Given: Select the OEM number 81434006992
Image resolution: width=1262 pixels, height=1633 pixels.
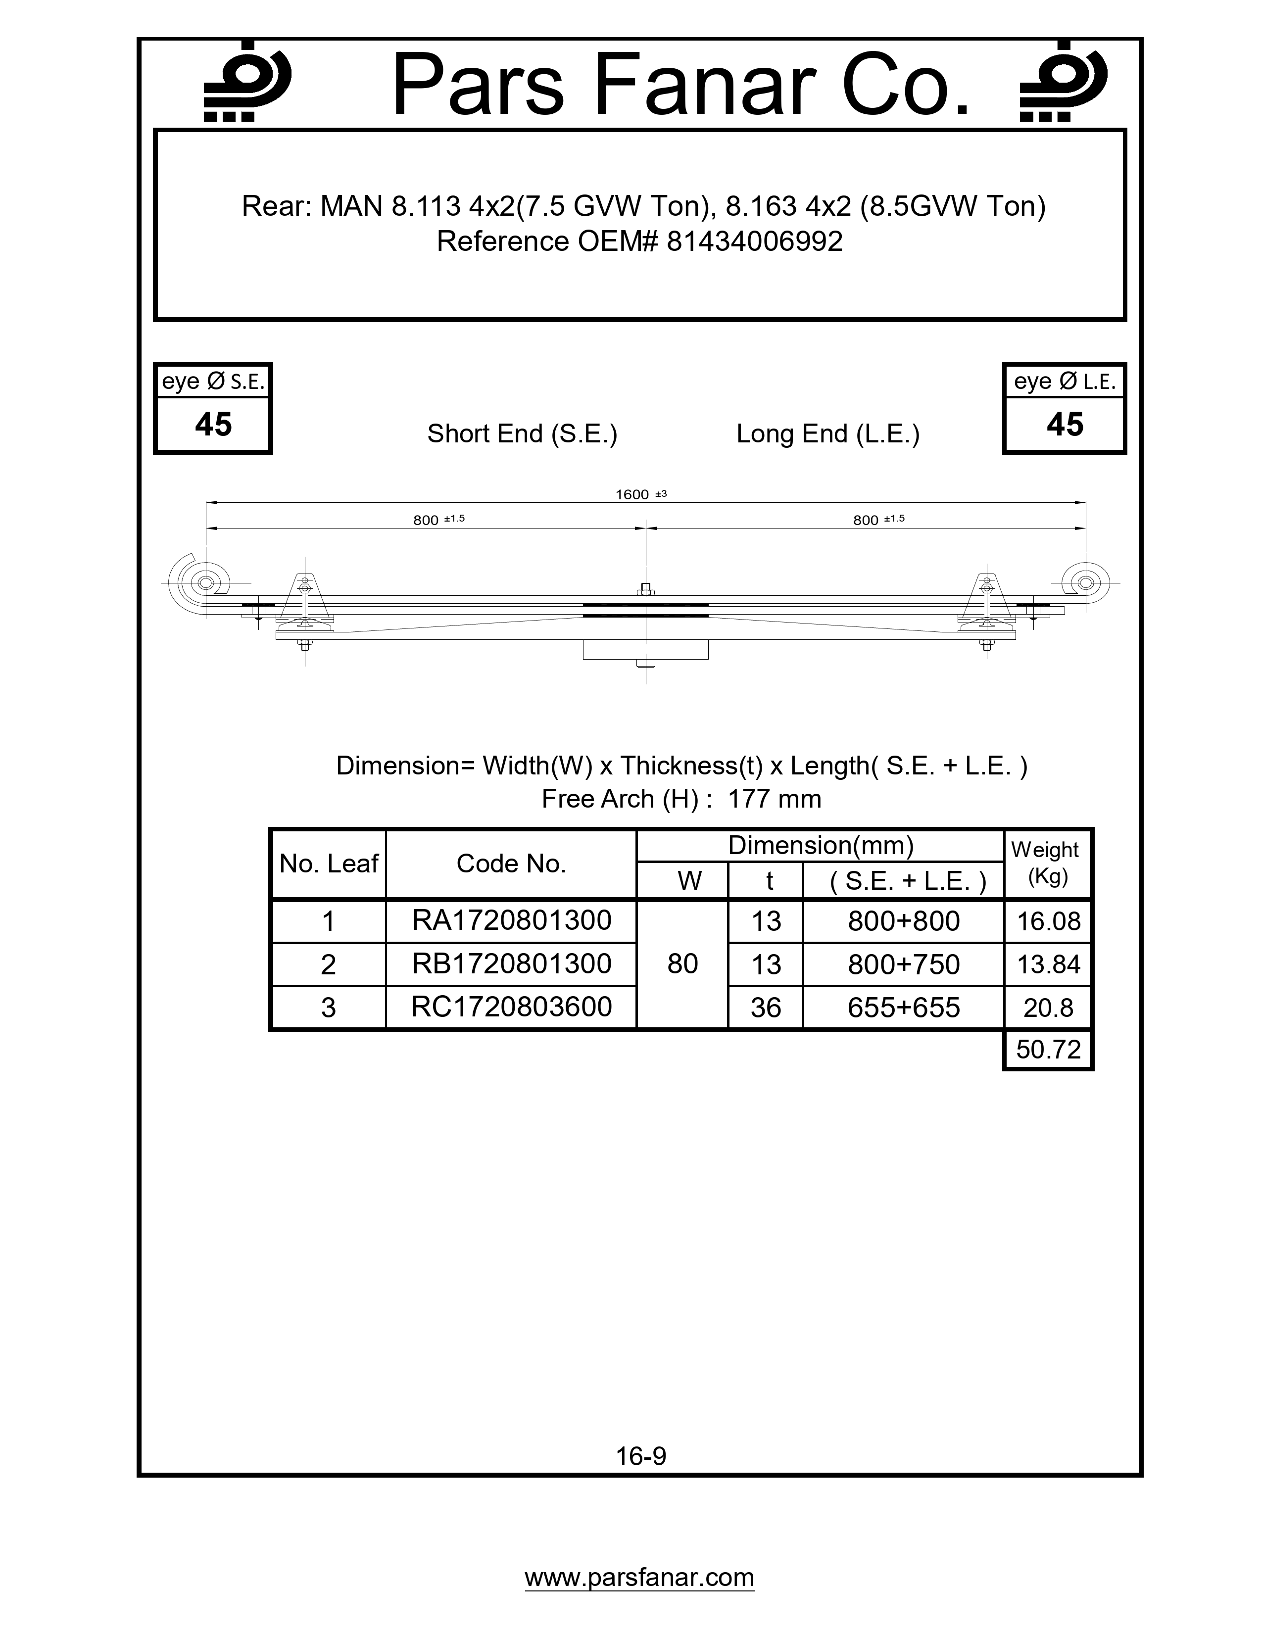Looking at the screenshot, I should pos(754,241).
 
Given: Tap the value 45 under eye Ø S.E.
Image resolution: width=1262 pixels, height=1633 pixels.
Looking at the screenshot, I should pos(213,425).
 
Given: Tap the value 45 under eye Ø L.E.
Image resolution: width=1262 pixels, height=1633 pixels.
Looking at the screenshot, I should pos(1065,425).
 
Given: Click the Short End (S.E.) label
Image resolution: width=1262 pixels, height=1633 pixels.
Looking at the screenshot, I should pos(522,433).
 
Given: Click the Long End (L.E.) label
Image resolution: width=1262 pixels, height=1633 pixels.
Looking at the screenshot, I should pos(827,433).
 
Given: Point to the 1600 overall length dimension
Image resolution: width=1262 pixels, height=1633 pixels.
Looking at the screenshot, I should pos(632,494).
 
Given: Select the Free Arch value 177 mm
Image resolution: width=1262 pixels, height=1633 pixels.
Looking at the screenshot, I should pos(774,799).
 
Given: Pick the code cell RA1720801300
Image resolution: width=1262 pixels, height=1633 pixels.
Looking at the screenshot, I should pos(511,920).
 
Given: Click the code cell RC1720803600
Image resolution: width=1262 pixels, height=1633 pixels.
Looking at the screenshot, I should pos(511,1007).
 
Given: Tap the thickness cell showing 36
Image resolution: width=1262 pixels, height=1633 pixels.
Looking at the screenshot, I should pos(766,1008).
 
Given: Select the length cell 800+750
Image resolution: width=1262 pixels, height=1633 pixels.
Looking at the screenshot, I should pos(903,964).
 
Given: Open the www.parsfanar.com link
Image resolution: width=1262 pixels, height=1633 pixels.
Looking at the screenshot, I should pos(639,1578).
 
